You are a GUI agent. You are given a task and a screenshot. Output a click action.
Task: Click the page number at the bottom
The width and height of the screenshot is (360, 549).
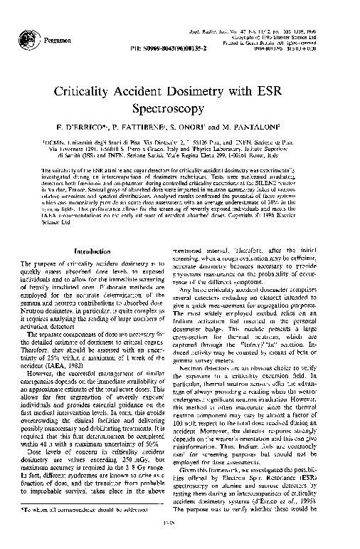pyautogui.click(x=180, y=542)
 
